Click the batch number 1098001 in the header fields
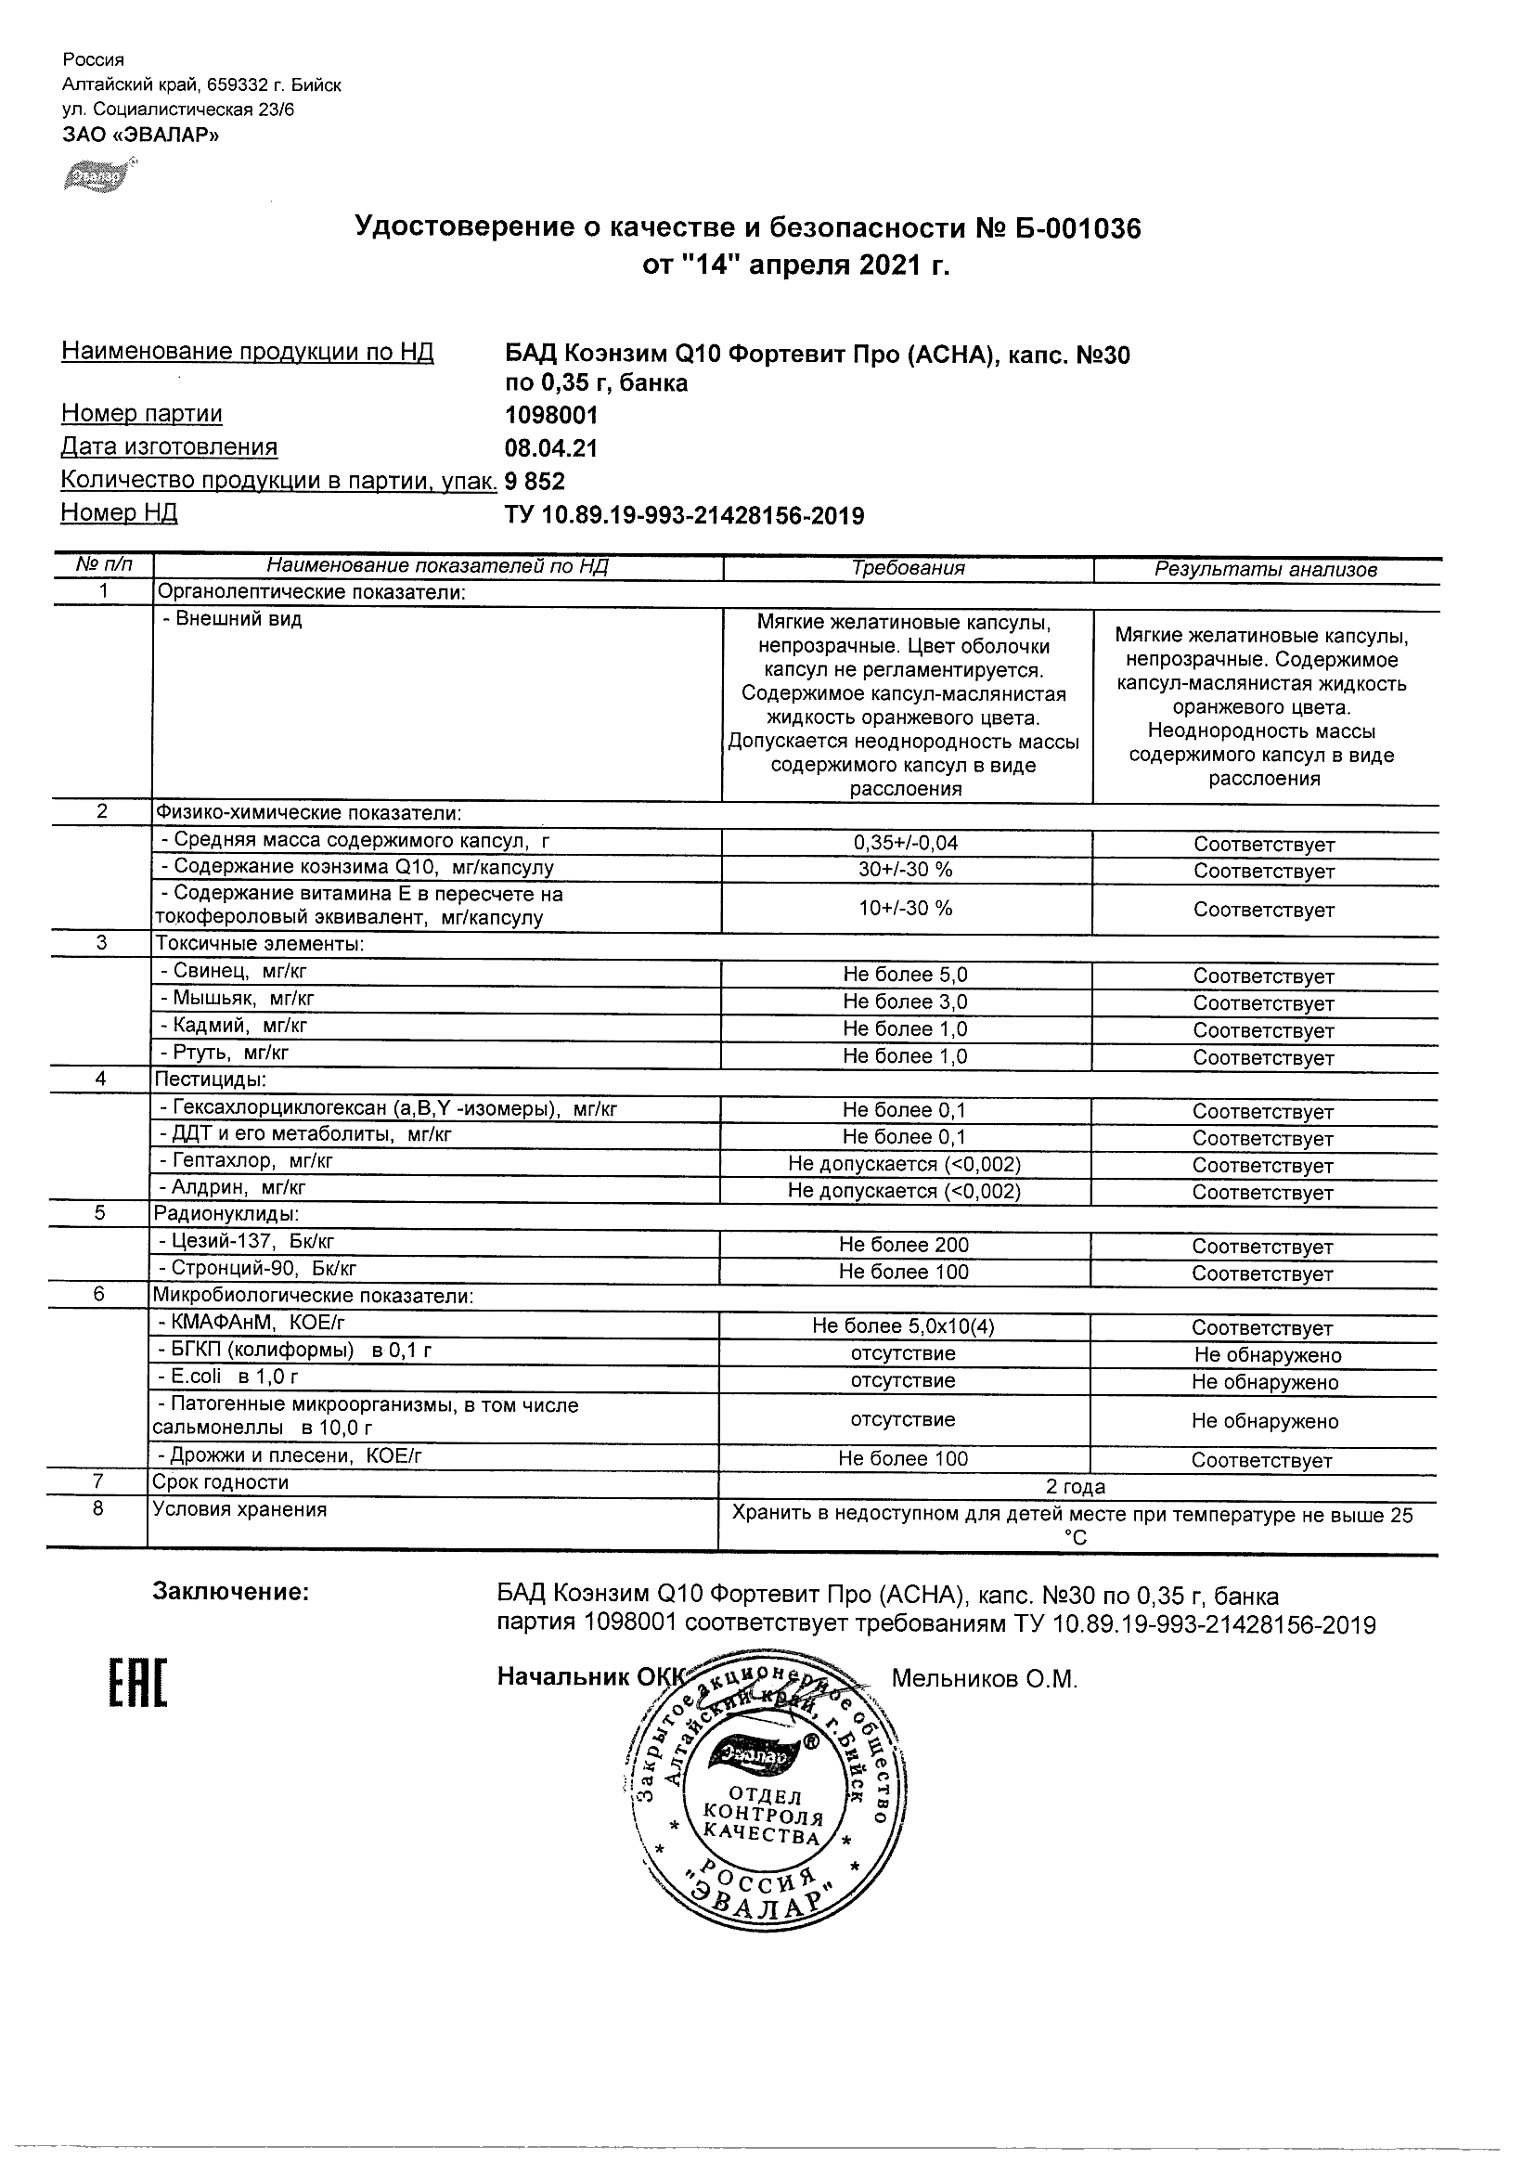(x=551, y=415)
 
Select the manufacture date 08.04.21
(x=551, y=448)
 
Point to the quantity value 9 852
(x=535, y=482)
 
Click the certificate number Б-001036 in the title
(x=1070, y=228)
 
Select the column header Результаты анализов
(x=1266, y=570)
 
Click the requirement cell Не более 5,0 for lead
(x=905, y=975)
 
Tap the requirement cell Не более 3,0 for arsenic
(x=905, y=1002)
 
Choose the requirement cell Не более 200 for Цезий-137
(x=904, y=1245)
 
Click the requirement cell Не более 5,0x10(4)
(x=903, y=1326)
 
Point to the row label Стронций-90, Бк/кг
(x=257, y=1269)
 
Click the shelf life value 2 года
(x=1076, y=1487)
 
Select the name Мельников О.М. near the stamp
(x=985, y=1679)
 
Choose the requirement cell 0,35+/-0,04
(x=905, y=843)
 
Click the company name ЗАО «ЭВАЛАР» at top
(x=141, y=135)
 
